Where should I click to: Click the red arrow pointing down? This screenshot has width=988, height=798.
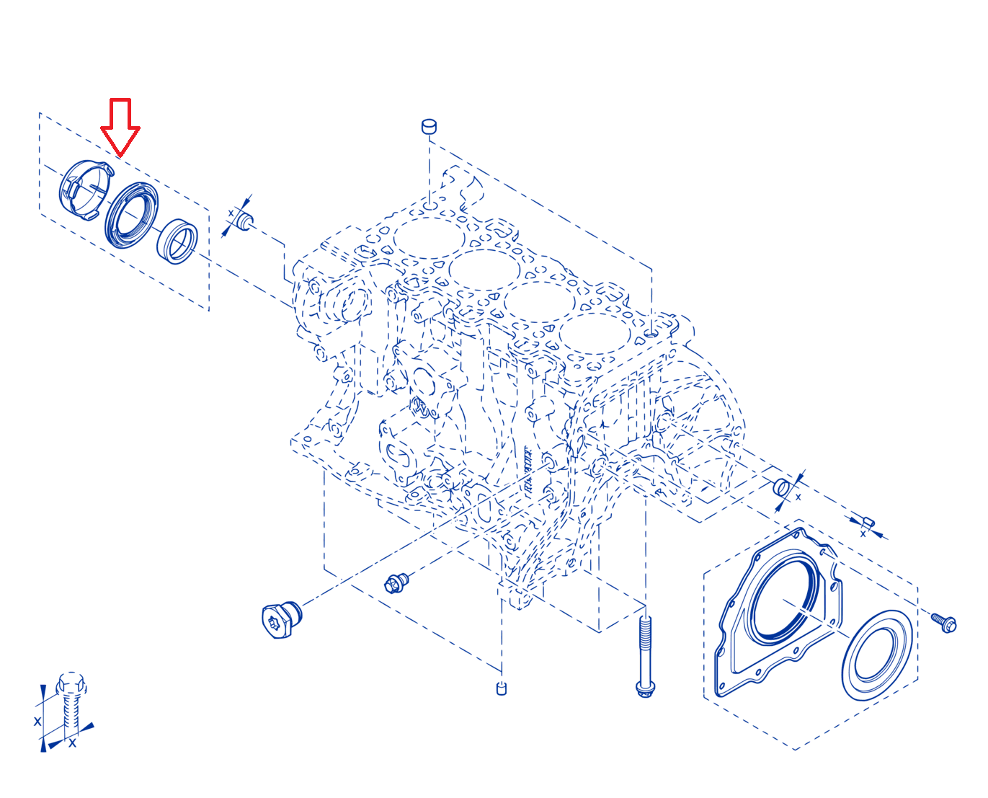click(120, 126)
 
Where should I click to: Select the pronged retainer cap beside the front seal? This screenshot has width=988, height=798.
click(86, 190)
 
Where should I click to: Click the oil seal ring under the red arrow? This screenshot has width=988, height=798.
click(131, 215)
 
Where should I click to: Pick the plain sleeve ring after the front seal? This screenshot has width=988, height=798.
click(177, 241)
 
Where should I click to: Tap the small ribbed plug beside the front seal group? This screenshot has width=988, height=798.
click(245, 221)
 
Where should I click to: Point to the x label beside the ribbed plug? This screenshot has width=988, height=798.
click(231, 213)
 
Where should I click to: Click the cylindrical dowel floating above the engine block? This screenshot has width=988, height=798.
click(429, 126)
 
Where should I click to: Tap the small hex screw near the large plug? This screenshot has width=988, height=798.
click(396, 582)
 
